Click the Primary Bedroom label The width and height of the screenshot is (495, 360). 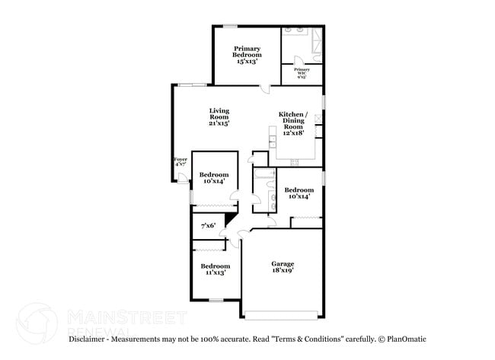click(247, 55)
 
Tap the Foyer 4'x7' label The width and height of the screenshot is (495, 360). click(180, 162)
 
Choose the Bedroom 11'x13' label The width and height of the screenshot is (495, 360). click(216, 269)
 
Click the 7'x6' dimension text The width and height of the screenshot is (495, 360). click(208, 226)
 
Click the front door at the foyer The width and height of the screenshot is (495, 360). click(183, 179)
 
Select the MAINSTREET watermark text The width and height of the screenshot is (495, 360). click(126, 316)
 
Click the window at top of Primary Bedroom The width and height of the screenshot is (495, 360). click(229, 27)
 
